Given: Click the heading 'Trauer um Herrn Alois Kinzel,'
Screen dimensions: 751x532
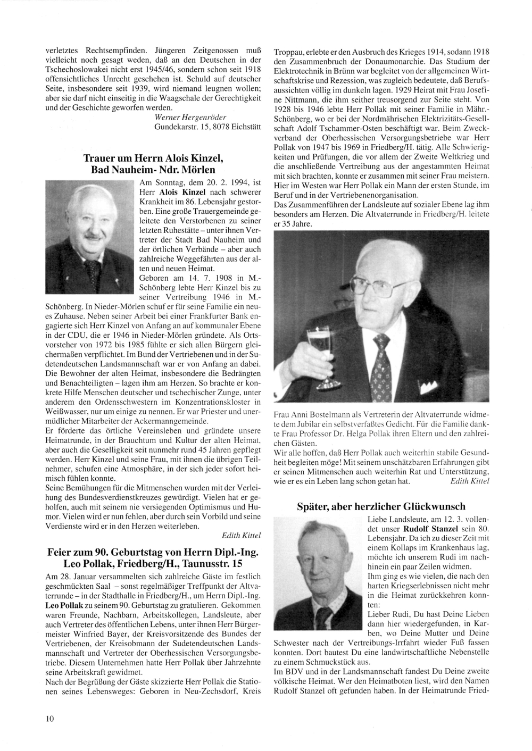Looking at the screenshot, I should pyautogui.click(x=149, y=158).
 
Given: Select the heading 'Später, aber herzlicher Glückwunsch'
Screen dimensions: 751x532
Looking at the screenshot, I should pyautogui.click(x=381, y=506).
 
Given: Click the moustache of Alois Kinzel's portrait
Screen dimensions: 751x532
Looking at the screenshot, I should pyautogui.click(x=94, y=233).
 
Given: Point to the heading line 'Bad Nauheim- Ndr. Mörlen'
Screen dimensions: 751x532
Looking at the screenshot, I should pyautogui.click(x=153, y=170).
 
